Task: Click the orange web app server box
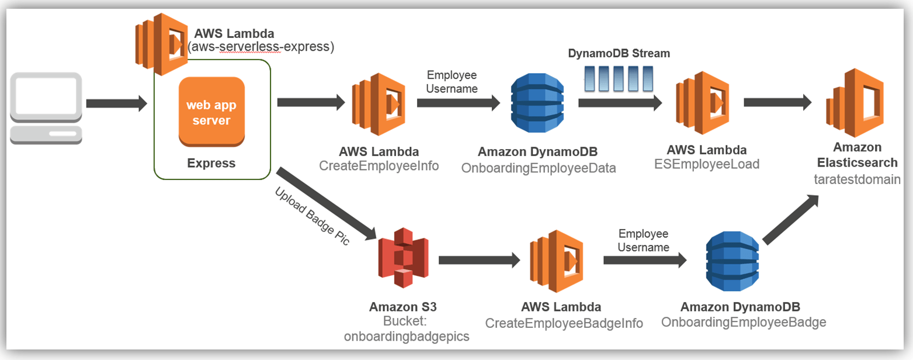[x=211, y=112]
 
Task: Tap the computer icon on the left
[x=46, y=108]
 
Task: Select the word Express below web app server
[x=211, y=163]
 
